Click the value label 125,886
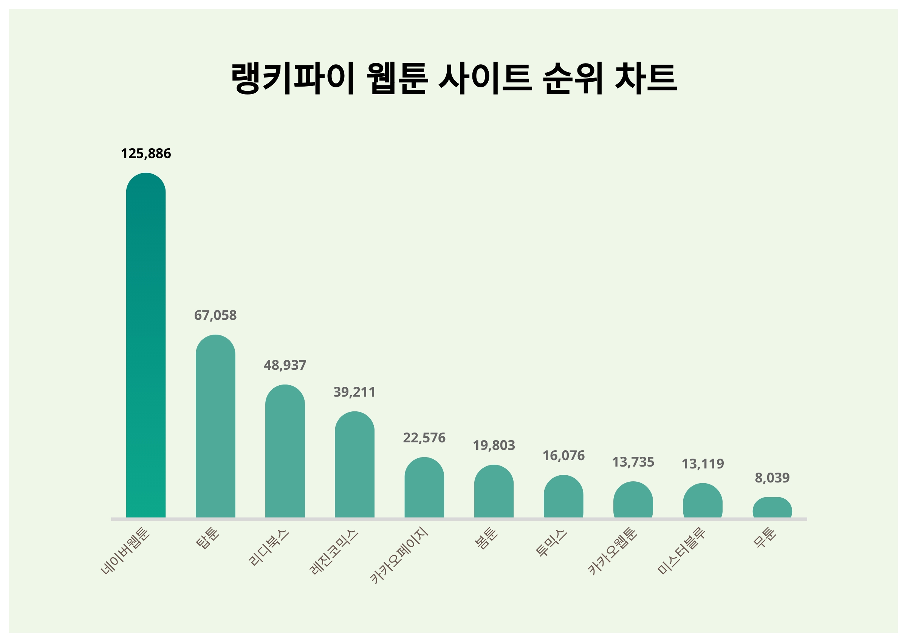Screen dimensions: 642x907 146,154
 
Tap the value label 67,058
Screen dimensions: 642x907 215,315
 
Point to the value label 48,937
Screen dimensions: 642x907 285,365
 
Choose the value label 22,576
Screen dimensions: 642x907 424,438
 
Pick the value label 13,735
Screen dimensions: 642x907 633,462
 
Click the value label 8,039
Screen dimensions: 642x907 772,478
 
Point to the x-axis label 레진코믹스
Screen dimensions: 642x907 334,552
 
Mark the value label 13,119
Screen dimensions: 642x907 703,464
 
